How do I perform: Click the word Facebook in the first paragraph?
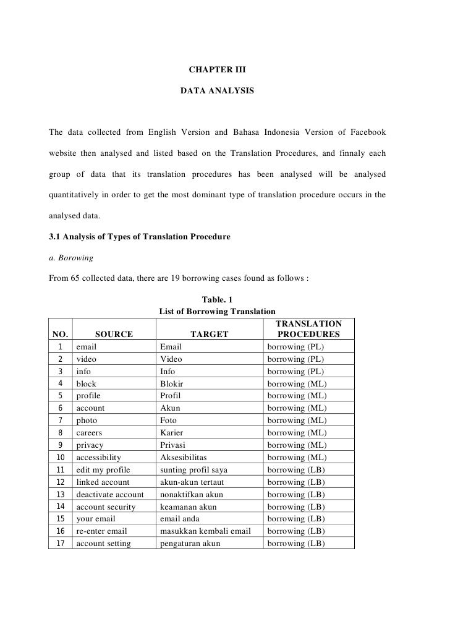pos(367,132)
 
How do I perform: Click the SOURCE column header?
pos(114,335)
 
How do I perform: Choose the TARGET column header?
pos(210,335)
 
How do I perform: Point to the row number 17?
pos(61,544)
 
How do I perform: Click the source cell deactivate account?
pos(110,494)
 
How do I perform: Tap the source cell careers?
pos(90,433)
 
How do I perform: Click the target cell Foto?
pos(169,421)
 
